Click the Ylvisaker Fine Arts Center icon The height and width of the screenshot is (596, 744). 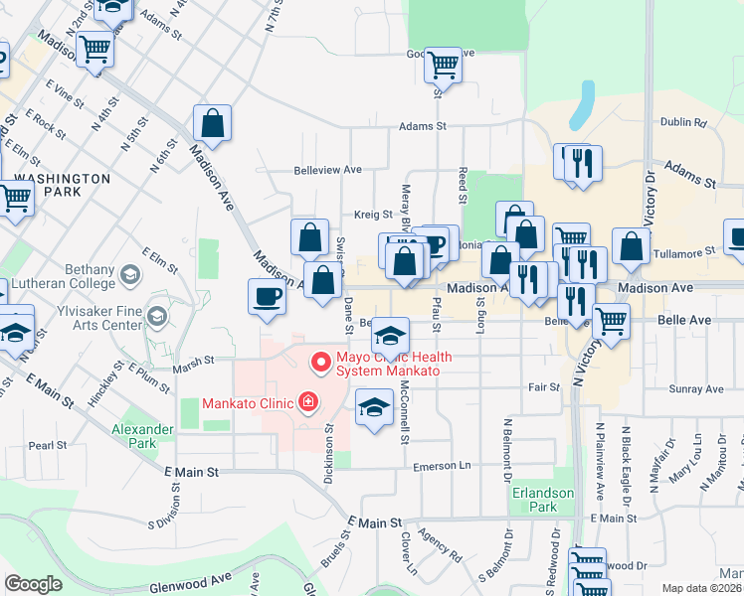(x=156, y=317)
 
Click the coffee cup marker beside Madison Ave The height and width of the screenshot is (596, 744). (x=267, y=296)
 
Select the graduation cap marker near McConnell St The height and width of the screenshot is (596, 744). (x=374, y=407)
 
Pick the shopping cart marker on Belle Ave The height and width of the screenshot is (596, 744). (x=611, y=320)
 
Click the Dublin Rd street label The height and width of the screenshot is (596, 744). (x=682, y=123)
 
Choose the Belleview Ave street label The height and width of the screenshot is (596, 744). (x=327, y=170)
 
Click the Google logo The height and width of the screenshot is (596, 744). (x=33, y=583)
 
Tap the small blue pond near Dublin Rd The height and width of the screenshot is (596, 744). (x=580, y=106)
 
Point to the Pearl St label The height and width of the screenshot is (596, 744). (x=47, y=446)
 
